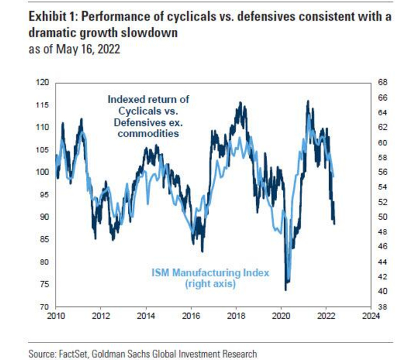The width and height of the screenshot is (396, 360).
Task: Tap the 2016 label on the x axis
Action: (x=191, y=316)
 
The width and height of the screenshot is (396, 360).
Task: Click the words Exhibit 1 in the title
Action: (x=51, y=17)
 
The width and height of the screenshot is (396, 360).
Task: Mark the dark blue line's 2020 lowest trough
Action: (x=286, y=290)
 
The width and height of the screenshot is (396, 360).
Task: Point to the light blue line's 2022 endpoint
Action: (x=334, y=176)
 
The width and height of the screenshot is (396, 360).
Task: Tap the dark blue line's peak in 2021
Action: (x=308, y=101)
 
